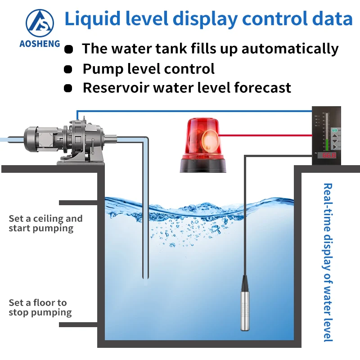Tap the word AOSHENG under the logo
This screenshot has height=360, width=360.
[40, 44]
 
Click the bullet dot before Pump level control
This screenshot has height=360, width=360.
[68, 69]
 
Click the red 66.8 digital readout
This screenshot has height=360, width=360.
[328, 155]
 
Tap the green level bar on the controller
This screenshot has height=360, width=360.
[324, 130]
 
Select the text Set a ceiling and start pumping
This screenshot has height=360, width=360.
[45, 223]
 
